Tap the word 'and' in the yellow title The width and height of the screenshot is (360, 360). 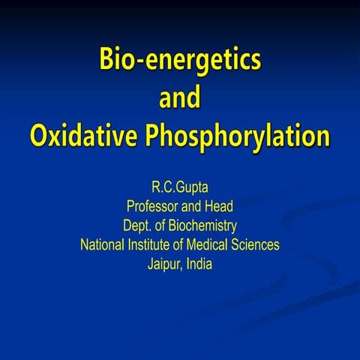click(180, 98)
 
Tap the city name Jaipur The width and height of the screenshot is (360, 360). click(166, 265)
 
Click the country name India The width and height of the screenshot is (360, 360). click(201, 265)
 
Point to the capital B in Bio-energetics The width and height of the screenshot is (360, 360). click(108, 60)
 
